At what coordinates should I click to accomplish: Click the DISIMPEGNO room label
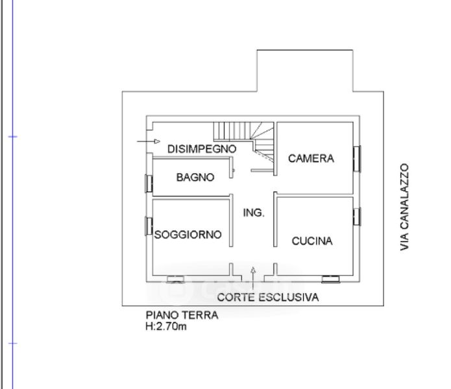[201, 148]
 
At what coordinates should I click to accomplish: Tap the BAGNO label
[195, 177]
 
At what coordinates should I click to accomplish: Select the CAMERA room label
[311, 158]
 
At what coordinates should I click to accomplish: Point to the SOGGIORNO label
[188, 235]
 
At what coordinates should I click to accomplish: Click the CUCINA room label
[312, 241]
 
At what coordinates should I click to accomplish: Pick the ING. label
[254, 213]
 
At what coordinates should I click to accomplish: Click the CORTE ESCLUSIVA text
[268, 298]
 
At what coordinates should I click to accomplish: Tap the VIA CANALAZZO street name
[405, 207]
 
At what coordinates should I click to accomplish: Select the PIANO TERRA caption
[182, 316]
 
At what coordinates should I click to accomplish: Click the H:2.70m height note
[167, 327]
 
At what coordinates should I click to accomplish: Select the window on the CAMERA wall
[356, 158]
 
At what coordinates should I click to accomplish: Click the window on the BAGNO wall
[149, 183]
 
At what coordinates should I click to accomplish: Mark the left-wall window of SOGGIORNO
[149, 226]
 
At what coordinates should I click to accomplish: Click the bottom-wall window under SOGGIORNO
[175, 279]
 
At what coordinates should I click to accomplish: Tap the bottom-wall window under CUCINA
[331, 279]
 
